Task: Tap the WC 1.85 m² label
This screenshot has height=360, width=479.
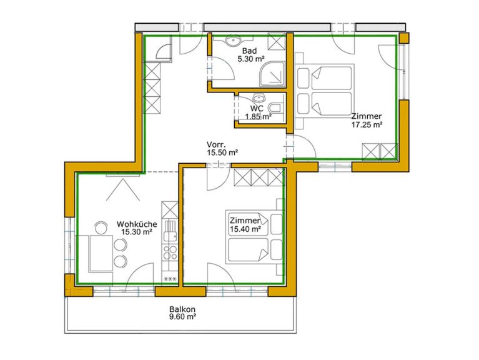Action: [x=258, y=112]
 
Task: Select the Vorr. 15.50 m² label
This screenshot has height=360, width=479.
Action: [x=222, y=149]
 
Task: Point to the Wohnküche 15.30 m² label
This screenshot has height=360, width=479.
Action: [x=137, y=228]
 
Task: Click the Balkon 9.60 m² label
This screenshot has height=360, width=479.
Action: [x=182, y=313]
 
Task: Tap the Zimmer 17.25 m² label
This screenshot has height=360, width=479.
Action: [x=367, y=121]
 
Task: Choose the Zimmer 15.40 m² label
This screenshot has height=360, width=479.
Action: [x=245, y=224]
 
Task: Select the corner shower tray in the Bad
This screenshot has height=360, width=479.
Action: [x=272, y=74]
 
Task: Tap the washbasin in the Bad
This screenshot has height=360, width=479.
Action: [x=233, y=41]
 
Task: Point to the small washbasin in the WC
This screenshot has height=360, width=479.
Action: [x=259, y=97]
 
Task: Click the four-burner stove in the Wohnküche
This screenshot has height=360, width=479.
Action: [x=170, y=252]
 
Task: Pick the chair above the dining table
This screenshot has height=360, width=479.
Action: [x=101, y=227]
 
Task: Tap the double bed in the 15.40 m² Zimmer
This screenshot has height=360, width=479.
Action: [x=254, y=237]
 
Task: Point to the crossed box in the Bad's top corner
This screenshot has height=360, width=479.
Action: [x=277, y=41]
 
